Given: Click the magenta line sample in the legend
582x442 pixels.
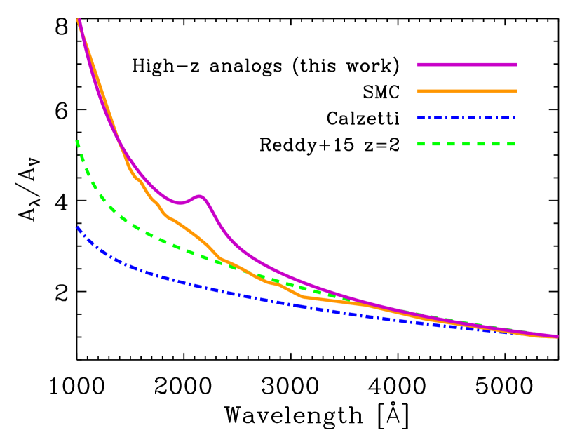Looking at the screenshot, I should (467, 65).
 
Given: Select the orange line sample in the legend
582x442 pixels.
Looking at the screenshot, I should (467, 91).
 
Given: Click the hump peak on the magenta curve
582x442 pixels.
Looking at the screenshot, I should (199, 196).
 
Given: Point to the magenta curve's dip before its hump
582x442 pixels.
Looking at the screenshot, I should (179, 203).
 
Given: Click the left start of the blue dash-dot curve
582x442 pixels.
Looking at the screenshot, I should (77, 227).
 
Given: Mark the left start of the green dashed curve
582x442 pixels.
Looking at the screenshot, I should (76, 141).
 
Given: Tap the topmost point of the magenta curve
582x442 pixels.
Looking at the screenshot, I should (79, 20).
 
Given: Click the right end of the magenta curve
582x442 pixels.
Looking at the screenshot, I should (557, 336).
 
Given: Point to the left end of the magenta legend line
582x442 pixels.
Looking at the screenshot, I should (419, 65).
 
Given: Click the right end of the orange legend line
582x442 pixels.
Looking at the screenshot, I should (516, 91).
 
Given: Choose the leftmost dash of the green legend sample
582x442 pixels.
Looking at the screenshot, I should (422, 144).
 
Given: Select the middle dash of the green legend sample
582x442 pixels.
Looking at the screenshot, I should (466, 144).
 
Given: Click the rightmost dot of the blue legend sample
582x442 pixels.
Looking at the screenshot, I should (513, 117).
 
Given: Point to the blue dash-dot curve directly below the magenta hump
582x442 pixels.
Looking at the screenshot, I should (199, 286).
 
